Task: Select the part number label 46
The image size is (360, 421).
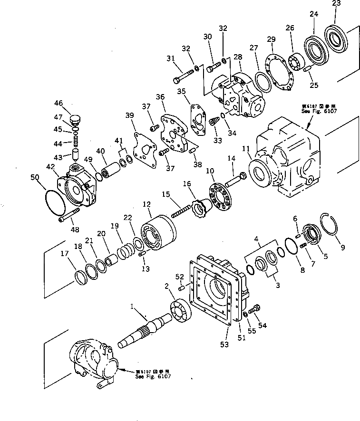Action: tap(58, 103)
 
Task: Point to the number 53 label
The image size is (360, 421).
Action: tap(224, 343)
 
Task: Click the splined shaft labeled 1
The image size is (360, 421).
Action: tap(147, 328)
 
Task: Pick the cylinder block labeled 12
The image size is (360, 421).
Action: tap(158, 231)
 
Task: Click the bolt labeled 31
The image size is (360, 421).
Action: tap(182, 73)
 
